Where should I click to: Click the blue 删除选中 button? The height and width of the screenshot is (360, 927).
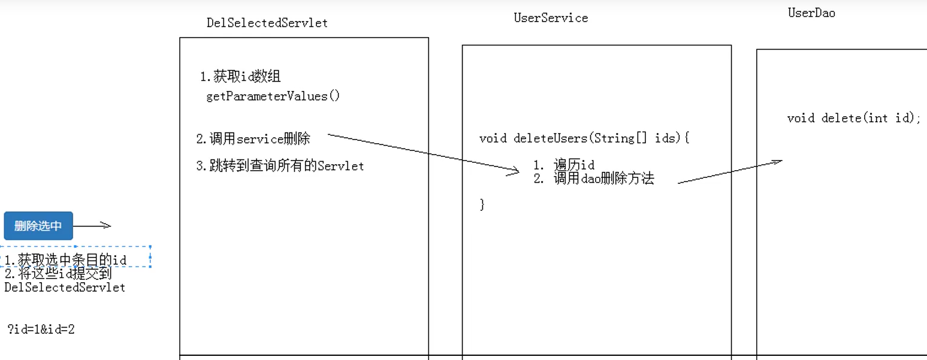pyautogui.click(x=38, y=226)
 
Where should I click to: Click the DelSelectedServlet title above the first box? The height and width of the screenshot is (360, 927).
pyautogui.click(x=267, y=23)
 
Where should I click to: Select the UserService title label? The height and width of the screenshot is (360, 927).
pyautogui.click(x=551, y=18)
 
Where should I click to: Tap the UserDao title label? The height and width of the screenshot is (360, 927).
pyautogui.click(x=811, y=13)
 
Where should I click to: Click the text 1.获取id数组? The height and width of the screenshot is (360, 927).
pyautogui.click(x=240, y=77)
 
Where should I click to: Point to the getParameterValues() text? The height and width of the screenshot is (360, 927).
pyautogui.click(x=273, y=96)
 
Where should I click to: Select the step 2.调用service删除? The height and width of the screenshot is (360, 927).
pyautogui.click(x=253, y=139)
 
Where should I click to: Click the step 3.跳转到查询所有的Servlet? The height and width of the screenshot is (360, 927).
pyautogui.click(x=280, y=166)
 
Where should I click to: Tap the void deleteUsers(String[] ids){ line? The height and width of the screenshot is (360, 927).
pyautogui.click(x=584, y=138)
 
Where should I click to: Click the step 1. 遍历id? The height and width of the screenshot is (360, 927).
pyautogui.click(x=563, y=165)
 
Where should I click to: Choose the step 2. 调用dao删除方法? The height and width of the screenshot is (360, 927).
pyautogui.click(x=593, y=179)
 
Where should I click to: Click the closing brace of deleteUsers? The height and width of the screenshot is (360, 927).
pyautogui.click(x=482, y=204)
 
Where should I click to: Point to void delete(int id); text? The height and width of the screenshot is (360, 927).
pyautogui.click(x=853, y=118)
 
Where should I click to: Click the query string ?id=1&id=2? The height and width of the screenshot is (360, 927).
pyautogui.click(x=41, y=329)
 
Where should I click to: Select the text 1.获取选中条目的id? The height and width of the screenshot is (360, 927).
pyautogui.click(x=66, y=260)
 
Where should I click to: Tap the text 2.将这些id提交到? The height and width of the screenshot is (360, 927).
pyautogui.click(x=58, y=274)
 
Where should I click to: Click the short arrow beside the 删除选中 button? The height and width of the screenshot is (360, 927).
pyautogui.click(x=92, y=226)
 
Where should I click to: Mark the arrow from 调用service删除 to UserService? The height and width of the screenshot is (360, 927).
pyautogui.click(x=422, y=153)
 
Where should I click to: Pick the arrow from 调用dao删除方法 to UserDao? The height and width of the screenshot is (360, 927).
pyautogui.click(x=729, y=172)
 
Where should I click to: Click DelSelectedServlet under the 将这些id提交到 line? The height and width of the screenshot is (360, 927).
pyautogui.click(x=65, y=288)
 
